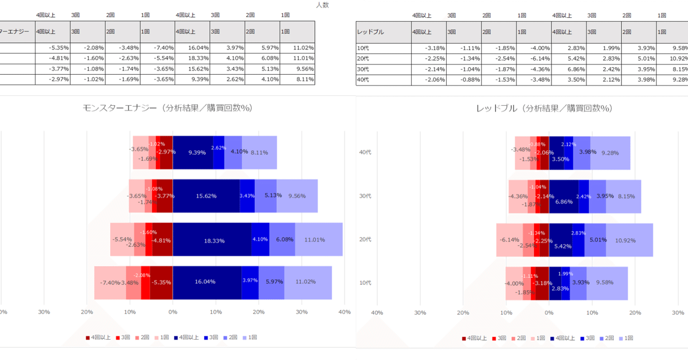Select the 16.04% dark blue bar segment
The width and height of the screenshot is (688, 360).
pyautogui.click(x=206, y=282)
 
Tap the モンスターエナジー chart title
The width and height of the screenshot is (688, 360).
pyautogui.click(x=167, y=108)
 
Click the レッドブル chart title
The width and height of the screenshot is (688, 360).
pyautogui.click(x=544, y=108)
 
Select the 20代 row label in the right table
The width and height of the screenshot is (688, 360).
pyautogui.click(x=363, y=59)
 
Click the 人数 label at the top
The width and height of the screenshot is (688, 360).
pyautogui.click(x=322, y=5)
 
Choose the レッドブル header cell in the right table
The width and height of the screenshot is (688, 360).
pyautogui.click(x=371, y=32)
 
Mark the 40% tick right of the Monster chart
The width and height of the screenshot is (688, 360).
pyautogui.click(x=345, y=312)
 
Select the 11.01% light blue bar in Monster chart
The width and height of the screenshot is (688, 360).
pyautogui.click(x=318, y=240)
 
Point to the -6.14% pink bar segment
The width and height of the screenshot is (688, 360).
pyautogui.click(x=509, y=240)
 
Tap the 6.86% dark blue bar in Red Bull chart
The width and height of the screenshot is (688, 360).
pyautogui.click(x=563, y=197)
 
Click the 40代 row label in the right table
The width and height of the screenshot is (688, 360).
pyautogui.click(x=363, y=80)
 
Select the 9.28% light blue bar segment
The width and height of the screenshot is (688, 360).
pyautogui.click(x=610, y=153)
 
